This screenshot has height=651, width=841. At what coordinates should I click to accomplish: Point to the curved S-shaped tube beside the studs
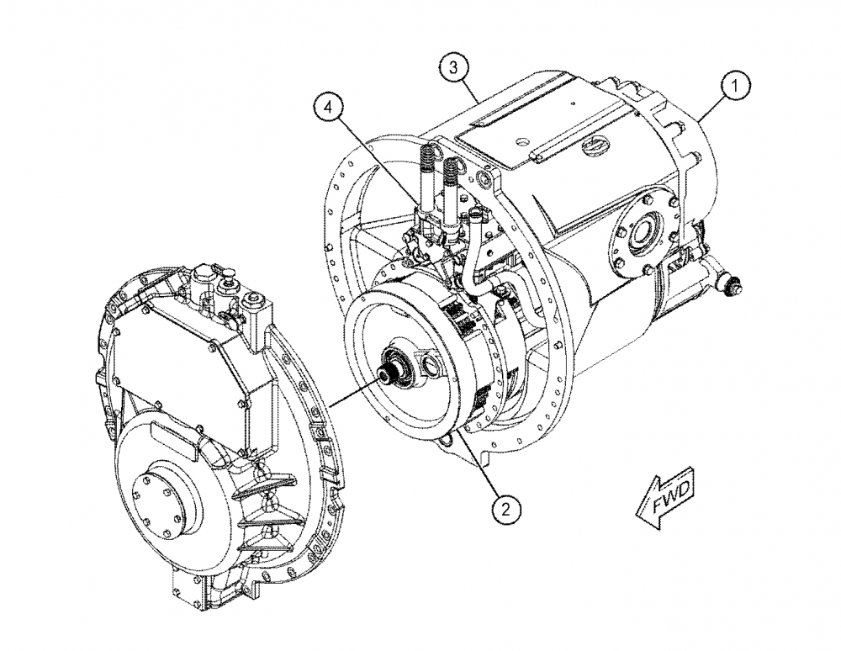click(477, 252)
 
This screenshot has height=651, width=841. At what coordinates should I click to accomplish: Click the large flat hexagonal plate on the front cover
click(181, 353)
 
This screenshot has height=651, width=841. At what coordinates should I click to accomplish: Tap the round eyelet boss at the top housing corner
click(483, 177)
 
